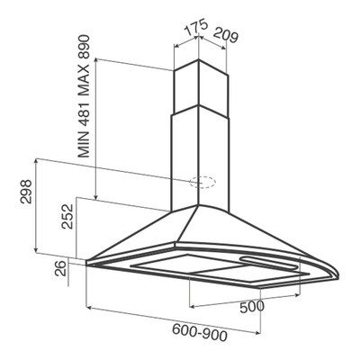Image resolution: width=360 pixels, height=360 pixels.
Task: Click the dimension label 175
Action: [x=196, y=28]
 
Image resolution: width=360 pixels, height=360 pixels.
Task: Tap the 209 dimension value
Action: [x=226, y=35]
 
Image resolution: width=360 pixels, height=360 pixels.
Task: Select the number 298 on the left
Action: [x=26, y=192]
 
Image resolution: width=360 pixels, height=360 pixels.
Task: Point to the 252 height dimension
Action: [x=67, y=216]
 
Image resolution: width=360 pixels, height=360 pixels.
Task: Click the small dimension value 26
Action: [x=61, y=268]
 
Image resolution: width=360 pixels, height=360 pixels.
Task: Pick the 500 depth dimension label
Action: [x=252, y=307]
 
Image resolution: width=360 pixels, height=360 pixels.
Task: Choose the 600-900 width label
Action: [x=200, y=332]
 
